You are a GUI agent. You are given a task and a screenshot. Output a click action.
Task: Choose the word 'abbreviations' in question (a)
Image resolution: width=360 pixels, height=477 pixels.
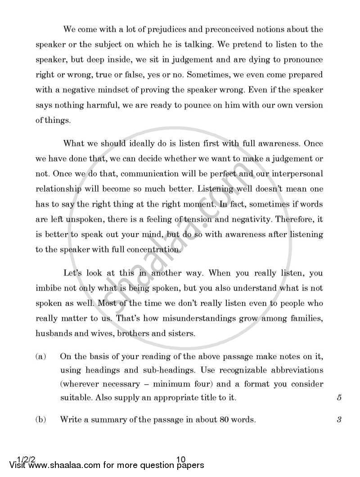click(299, 370)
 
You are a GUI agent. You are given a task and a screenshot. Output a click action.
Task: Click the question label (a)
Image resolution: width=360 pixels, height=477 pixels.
click(40, 357)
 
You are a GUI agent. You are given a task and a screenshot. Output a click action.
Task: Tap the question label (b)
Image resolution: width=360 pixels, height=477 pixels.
click(40, 420)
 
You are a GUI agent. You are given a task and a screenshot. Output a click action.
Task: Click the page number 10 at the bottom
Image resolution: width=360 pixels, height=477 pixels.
click(181, 459)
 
